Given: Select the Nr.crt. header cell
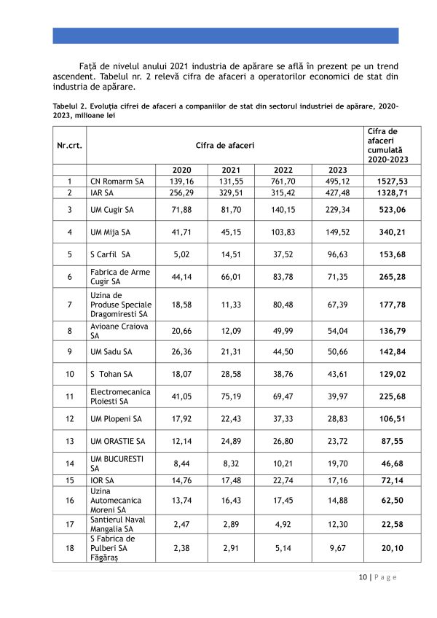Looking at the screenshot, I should click(x=69, y=145).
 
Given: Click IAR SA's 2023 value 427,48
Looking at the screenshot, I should click(x=337, y=193).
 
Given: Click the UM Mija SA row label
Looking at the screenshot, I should click(x=110, y=232).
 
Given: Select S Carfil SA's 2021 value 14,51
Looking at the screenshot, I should click(x=235, y=255).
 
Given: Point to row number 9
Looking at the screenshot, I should click(x=69, y=351).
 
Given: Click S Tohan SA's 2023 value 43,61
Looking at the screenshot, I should click(x=337, y=374).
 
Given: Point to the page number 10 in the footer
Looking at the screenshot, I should click(x=362, y=577).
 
